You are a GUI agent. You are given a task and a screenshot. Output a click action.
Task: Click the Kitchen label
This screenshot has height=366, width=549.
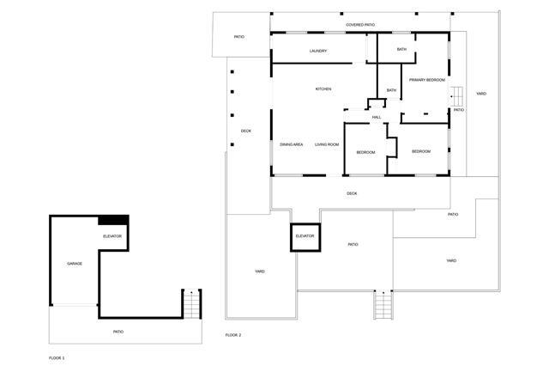tap(323, 89)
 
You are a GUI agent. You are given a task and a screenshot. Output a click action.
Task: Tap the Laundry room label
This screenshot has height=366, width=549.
tap(318, 52)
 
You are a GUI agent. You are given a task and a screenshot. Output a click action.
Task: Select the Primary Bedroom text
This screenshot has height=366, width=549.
tap(427, 80)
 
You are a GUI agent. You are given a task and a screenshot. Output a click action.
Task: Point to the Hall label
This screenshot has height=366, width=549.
tap(377, 117)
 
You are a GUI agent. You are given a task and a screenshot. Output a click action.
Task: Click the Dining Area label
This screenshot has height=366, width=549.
tap(292, 144)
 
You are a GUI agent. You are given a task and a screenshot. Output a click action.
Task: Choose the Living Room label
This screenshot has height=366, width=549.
tap(327, 144)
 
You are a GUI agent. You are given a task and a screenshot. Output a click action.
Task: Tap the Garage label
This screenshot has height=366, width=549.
tap(75, 264)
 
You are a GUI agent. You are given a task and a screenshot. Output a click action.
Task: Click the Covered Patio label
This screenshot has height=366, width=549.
tap(360, 25)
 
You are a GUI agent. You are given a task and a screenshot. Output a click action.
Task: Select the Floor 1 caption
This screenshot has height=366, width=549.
tap(57, 358)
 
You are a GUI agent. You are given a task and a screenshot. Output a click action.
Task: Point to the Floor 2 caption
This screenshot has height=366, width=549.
tap(233, 335)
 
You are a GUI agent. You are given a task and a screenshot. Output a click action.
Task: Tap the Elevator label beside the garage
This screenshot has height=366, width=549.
tap(112, 236)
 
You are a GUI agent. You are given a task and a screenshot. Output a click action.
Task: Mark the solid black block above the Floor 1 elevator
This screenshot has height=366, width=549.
tap(113, 220)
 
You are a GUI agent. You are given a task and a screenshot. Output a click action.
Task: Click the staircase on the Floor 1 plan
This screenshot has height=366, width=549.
tap(191, 304)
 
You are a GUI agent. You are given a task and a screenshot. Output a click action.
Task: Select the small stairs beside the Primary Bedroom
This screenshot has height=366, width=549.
tap(457, 96)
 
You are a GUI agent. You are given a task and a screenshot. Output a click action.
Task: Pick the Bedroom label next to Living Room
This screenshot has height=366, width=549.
tap(366, 153)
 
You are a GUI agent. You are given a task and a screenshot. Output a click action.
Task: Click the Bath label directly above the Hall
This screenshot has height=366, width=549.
tap(391, 90)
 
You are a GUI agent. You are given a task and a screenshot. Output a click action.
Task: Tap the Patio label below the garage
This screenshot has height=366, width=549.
tap(118, 332)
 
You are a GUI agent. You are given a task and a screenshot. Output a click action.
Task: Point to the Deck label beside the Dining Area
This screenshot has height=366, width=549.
tap(246, 131)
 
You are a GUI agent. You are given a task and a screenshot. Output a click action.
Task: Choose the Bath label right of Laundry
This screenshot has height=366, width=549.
tap(401, 50)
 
